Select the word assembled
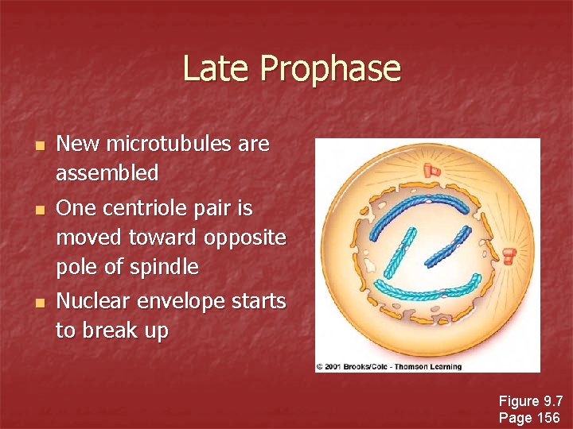pyautogui.click(x=107, y=172)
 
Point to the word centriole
pyautogui.click(x=146, y=208)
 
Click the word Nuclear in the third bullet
pyautogui.click(x=94, y=301)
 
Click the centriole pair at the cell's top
pyautogui.click(x=432, y=170)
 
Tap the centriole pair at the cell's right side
pyautogui.click(x=509, y=256)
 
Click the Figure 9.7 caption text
pyautogui.click(x=529, y=400)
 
